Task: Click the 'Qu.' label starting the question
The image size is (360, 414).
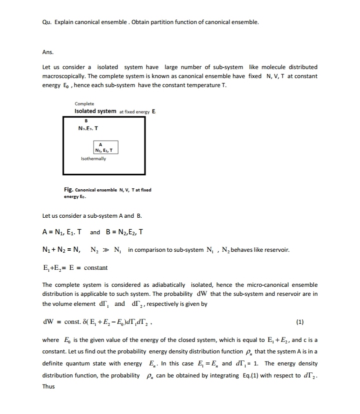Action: (47, 23)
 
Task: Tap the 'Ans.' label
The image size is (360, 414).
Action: (48, 51)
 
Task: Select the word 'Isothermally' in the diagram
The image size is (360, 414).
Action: (93, 158)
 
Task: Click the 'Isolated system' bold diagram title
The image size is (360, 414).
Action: (95, 111)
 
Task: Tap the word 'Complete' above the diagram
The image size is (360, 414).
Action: (84, 104)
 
